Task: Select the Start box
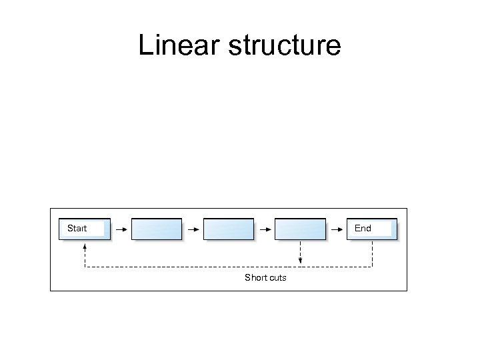point(82,229)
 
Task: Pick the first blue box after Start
point(157,229)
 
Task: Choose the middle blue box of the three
point(229,229)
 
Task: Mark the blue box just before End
point(301,229)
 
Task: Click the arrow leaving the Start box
point(121,229)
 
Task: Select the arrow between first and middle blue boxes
point(193,229)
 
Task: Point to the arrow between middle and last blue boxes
point(265,229)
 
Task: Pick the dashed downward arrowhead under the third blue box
point(301,261)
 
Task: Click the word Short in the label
point(255,277)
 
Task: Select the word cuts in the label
point(277,277)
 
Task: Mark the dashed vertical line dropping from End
point(372,253)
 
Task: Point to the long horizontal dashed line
point(200,267)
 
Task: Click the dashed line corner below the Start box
point(85,267)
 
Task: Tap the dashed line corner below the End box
point(372,267)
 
